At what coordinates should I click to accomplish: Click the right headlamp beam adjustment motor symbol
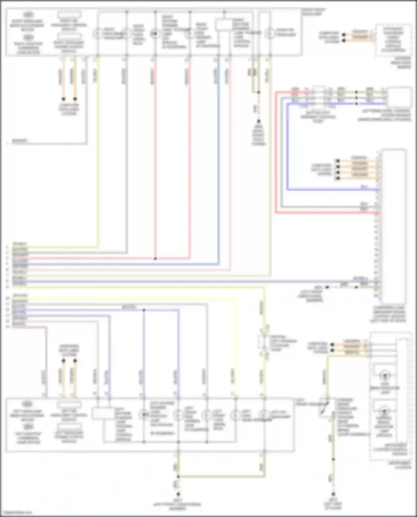(28, 15)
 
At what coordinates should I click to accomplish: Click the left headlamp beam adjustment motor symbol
(28, 404)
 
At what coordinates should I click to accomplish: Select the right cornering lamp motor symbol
(28, 37)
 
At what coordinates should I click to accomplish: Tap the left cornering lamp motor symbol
(28, 426)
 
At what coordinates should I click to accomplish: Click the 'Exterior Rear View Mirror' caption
(400, 63)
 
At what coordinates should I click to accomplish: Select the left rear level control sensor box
(400, 97)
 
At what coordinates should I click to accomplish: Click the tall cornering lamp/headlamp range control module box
(394, 226)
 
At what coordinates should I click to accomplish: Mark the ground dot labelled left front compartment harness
(178, 494)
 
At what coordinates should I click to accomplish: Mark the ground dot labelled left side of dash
(333, 494)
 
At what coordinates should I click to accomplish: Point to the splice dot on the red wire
(155, 259)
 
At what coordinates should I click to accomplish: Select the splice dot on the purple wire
(144, 310)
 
